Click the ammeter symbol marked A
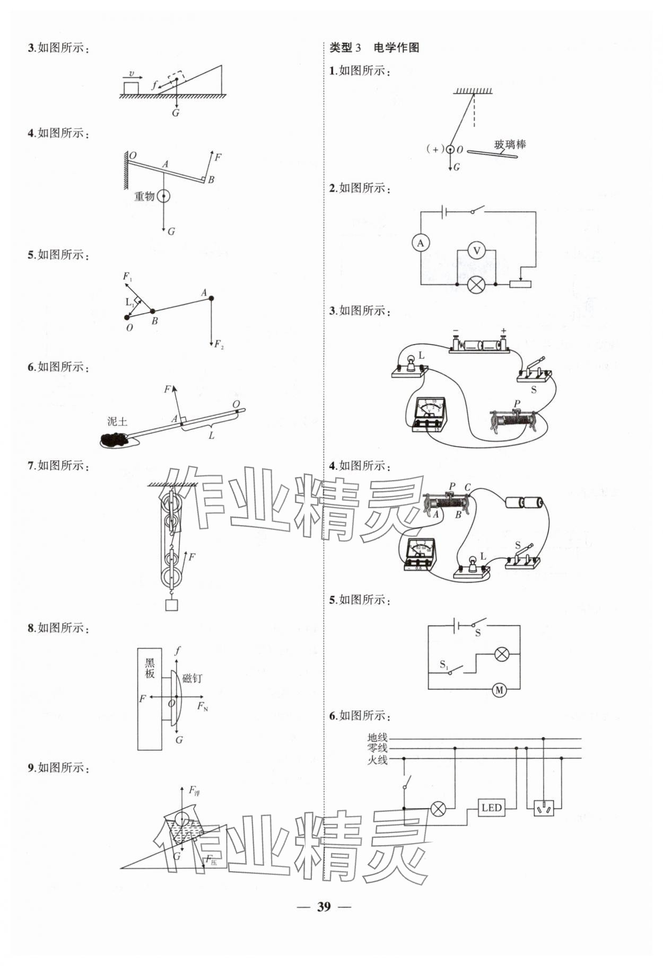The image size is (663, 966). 421,243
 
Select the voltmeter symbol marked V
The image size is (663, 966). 476,250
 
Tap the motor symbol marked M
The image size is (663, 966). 499,690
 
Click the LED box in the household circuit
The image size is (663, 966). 491,808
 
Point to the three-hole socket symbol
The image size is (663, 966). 544,808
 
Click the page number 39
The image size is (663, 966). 324,906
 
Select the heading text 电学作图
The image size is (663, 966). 396,48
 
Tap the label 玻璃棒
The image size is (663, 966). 510,144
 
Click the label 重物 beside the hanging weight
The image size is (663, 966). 144,197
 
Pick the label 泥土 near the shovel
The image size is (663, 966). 117,421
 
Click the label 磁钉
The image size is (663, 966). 191,678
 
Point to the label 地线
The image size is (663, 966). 377,737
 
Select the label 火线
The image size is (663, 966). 377,760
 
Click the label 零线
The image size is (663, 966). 377,748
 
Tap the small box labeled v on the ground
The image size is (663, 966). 131,87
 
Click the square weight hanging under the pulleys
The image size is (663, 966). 171,605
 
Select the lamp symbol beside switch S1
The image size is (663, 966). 501,654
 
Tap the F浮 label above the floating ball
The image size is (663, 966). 194,791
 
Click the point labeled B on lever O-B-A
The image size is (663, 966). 152,312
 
